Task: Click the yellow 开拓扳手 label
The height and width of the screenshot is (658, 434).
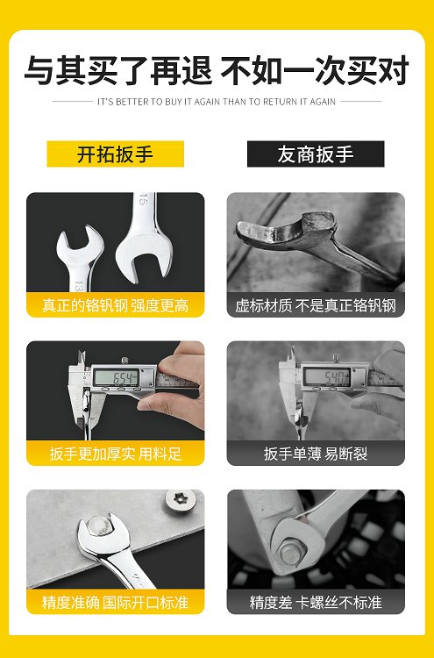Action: pos(116,154)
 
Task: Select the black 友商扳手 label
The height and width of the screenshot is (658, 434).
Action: pos(316,154)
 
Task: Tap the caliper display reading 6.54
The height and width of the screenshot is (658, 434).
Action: pos(116,377)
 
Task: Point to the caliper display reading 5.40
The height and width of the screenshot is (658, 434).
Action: pos(327,376)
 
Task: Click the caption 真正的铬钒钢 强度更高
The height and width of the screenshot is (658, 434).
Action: pos(116,305)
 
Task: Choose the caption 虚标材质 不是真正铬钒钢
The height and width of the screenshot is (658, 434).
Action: pos(316,305)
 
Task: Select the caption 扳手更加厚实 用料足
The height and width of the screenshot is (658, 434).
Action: pos(116,454)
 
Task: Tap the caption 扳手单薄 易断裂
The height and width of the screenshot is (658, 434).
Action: pos(316,454)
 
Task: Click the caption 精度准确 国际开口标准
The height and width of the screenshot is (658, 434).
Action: pos(116,603)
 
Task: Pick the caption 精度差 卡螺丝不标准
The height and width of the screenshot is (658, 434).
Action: pos(316,603)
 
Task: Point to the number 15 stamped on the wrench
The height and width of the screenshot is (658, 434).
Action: pos(144,201)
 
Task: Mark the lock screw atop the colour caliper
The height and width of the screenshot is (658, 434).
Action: pos(125,360)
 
